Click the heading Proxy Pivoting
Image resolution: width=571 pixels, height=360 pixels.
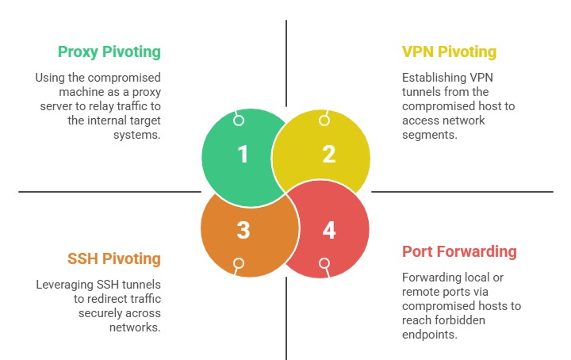(109, 52)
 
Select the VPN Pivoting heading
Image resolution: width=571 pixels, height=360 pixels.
(449, 52)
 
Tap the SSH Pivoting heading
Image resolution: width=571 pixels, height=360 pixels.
(113, 259)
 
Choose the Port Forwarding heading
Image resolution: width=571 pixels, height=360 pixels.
(459, 252)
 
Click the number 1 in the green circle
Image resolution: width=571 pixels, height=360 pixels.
(243, 155)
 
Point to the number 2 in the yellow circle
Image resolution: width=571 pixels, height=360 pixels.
(328, 155)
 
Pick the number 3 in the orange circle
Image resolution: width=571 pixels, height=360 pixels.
(243, 230)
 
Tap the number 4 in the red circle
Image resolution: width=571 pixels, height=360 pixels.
(329, 230)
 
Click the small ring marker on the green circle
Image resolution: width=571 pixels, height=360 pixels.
(238, 121)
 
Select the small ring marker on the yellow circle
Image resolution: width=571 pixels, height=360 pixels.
(324, 121)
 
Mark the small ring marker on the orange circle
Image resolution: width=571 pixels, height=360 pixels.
(238, 263)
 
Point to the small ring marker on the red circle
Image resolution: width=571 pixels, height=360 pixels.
(324, 263)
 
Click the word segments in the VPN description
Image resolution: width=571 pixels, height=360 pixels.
(431, 135)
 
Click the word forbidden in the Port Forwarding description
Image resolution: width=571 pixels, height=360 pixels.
(458, 320)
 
